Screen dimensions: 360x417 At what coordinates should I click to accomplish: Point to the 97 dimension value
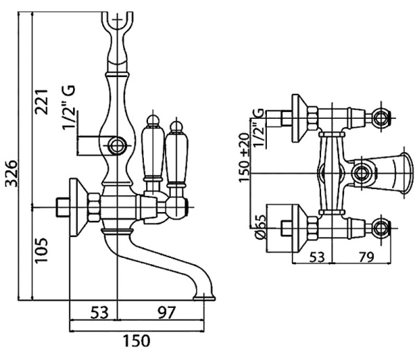pyautogui.click(x=163, y=313)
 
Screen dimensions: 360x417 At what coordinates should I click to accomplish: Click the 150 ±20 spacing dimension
pyautogui.click(x=245, y=158)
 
